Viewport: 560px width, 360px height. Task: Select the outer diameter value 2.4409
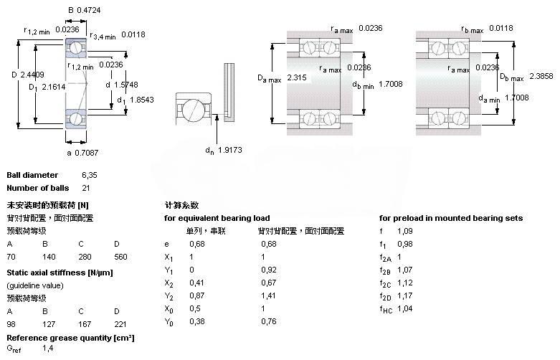pos(33,74)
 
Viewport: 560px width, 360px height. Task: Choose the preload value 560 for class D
pos(121,255)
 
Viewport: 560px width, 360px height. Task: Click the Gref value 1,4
pos(48,348)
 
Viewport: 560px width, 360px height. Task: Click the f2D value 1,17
pos(405,295)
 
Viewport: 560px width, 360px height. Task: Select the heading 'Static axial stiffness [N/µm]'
pos(60,273)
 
